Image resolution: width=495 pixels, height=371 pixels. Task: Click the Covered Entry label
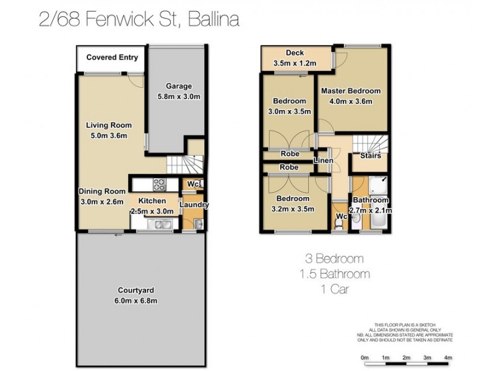(x=112, y=58)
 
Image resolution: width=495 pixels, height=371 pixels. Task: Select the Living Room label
(x=108, y=125)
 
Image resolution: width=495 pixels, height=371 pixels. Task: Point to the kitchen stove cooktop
(x=158, y=184)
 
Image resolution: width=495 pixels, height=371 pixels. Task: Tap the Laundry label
(x=194, y=205)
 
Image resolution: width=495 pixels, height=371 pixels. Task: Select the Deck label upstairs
(x=294, y=53)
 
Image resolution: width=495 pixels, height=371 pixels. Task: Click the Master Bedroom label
(x=350, y=91)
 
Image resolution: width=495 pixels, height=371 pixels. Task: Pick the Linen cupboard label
(x=324, y=161)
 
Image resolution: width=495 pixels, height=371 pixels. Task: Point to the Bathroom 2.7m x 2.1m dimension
(x=370, y=210)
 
